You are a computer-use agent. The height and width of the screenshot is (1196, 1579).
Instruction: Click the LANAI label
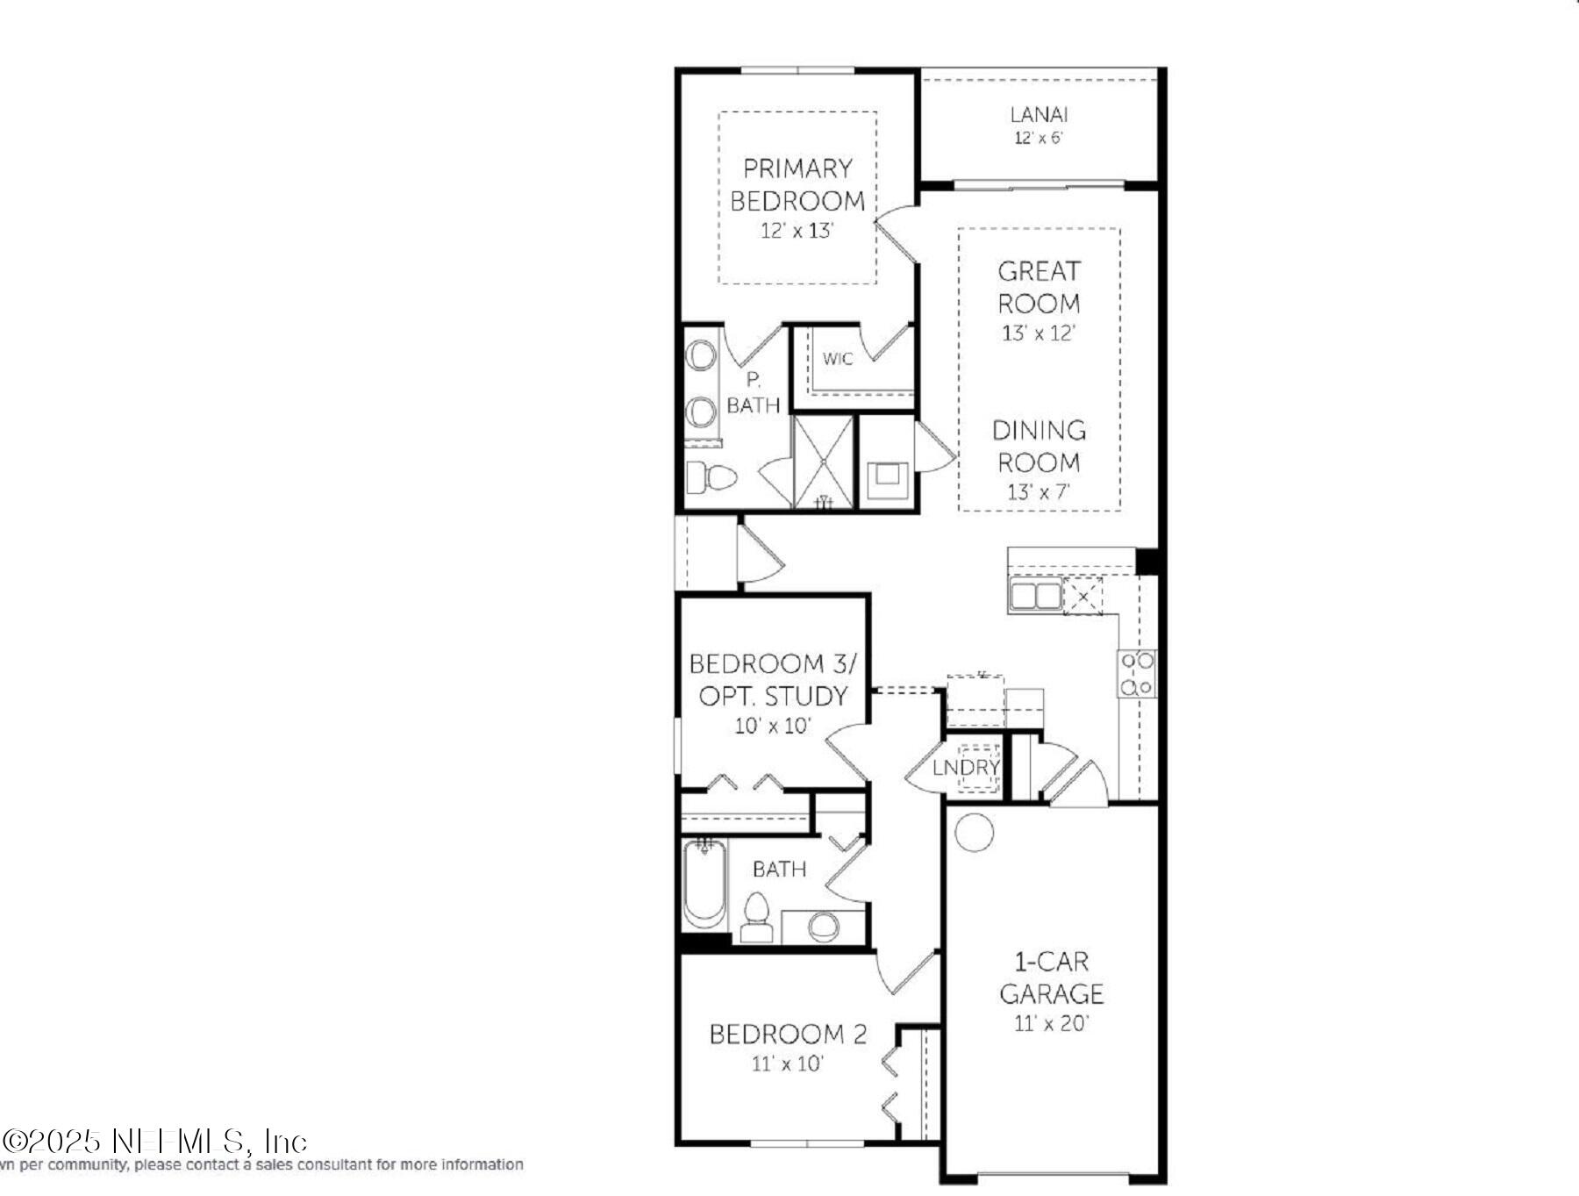click(x=1039, y=114)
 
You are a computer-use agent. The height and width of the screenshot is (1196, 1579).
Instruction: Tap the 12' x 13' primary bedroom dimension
click(x=797, y=231)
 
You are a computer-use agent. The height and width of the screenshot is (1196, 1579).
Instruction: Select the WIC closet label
click(x=837, y=359)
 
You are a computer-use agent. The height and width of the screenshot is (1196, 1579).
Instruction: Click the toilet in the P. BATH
click(x=711, y=478)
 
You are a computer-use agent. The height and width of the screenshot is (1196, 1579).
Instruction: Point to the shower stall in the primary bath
click(x=823, y=462)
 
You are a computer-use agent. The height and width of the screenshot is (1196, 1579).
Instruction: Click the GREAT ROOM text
click(x=1039, y=287)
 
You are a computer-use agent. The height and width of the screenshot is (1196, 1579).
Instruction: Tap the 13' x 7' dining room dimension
click(x=1039, y=491)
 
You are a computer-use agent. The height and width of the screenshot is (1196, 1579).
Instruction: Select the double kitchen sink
click(x=1035, y=596)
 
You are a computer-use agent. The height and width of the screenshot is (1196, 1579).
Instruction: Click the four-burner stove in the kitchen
click(x=1137, y=674)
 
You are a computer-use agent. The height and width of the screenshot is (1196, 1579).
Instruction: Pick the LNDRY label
click(x=966, y=768)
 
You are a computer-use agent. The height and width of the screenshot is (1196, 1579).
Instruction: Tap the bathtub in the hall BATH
click(x=704, y=884)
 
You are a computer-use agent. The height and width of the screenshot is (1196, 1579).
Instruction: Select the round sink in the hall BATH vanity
click(x=823, y=926)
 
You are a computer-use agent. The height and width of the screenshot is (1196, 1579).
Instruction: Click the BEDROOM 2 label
click(x=787, y=1035)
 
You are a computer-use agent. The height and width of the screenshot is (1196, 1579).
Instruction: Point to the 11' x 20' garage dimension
click(x=1051, y=1023)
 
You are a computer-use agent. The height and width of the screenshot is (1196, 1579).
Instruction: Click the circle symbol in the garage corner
click(x=974, y=832)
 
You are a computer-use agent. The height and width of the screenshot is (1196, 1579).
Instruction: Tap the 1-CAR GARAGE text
click(x=1051, y=978)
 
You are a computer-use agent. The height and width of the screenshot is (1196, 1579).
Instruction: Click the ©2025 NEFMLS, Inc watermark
click(x=154, y=1142)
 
